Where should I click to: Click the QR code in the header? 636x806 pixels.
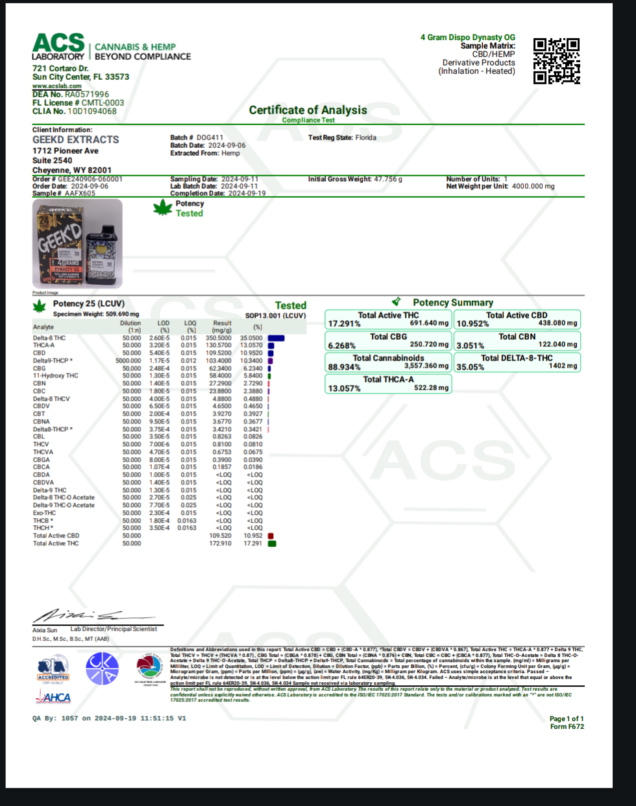tap(556, 61)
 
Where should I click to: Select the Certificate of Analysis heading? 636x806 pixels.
tap(308, 110)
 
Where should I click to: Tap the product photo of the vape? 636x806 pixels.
tap(77, 244)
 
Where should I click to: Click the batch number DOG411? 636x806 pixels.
tap(210, 137)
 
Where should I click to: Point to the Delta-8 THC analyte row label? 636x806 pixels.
tap(49, 338)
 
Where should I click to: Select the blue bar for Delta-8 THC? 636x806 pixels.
tap(276, 338)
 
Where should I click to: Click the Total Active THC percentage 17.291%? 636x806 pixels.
tap(345, 324)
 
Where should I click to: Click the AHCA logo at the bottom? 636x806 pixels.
tap(53, 698)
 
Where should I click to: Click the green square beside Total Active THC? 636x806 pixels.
tap(272, 543)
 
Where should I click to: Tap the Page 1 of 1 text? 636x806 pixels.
tap(567, 718)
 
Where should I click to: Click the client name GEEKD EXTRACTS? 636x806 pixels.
tap(76, 139)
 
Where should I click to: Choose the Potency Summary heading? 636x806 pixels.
tap(452, 303)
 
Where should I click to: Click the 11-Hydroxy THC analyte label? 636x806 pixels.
tap(56, 376)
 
